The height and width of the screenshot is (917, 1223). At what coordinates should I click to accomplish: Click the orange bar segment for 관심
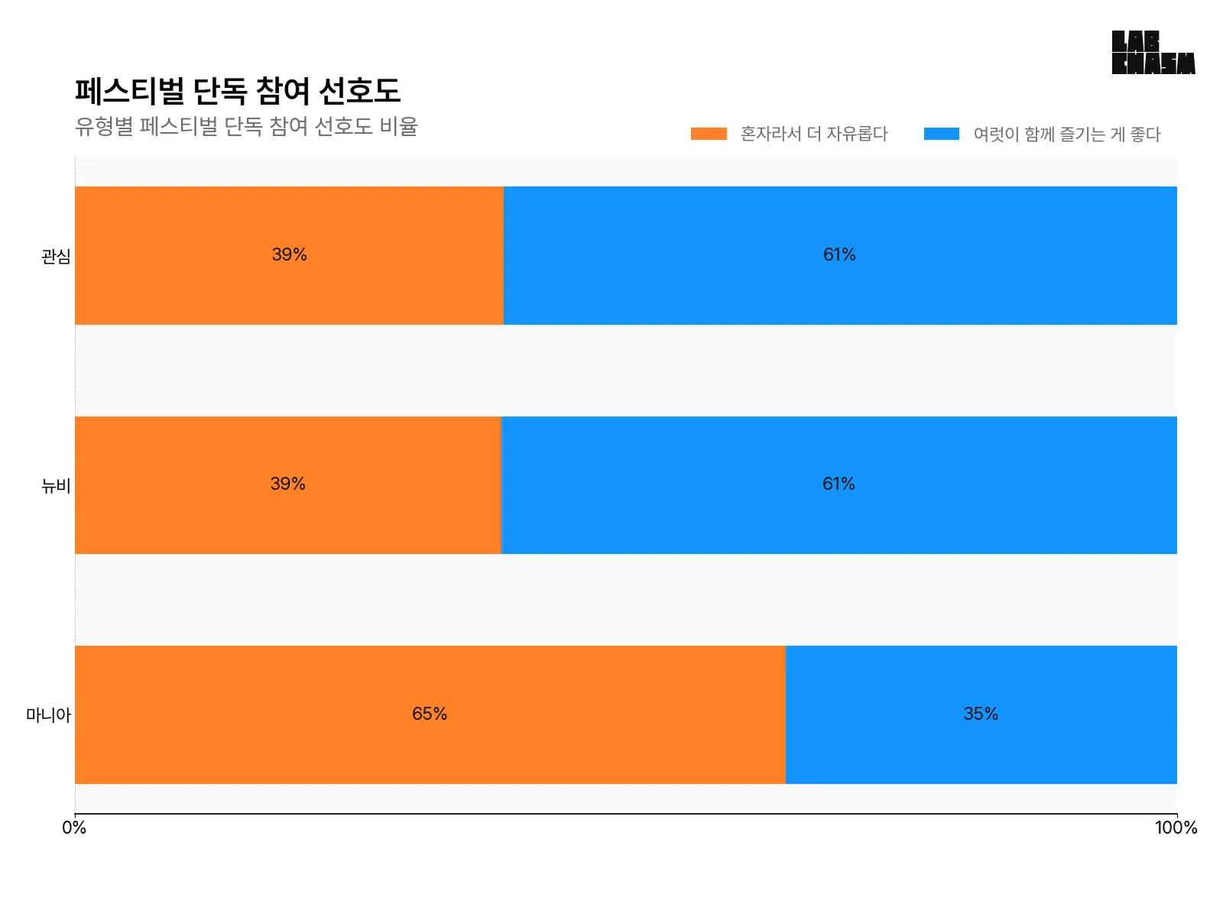[289, 229]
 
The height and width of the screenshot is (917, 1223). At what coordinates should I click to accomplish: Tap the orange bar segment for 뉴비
[287, 520]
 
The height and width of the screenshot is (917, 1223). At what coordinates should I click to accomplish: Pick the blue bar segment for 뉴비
[839, 520]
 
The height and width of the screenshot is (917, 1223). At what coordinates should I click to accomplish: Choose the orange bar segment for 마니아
[430, 749]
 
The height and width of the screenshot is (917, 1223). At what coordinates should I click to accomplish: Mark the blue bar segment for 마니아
[981, 749]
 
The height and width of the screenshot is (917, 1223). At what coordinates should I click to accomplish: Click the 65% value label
[430, 714]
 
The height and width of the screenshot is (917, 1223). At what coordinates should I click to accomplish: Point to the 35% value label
[981, 714]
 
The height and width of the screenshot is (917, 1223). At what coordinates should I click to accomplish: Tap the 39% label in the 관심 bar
[289, 254]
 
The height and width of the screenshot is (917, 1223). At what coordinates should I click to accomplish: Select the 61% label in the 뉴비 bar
[839, 484]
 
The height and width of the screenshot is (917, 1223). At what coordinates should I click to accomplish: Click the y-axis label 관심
[56, 256]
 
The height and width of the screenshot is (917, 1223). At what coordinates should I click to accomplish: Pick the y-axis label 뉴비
[56, 485]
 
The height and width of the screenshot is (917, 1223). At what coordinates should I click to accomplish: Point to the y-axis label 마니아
[48, 715]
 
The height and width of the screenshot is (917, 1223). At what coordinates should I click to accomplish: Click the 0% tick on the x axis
[74, 828]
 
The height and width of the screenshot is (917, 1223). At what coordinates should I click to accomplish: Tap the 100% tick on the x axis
[1176, 828]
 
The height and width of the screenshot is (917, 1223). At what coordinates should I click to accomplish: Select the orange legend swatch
[709, 134]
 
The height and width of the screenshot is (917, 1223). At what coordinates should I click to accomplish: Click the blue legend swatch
[941, 134]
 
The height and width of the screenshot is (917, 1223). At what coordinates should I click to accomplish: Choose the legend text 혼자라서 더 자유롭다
[814, 134]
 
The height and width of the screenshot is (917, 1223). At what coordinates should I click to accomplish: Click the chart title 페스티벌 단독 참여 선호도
[238, 91]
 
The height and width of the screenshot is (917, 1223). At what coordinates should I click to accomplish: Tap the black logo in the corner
[1153, 53]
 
